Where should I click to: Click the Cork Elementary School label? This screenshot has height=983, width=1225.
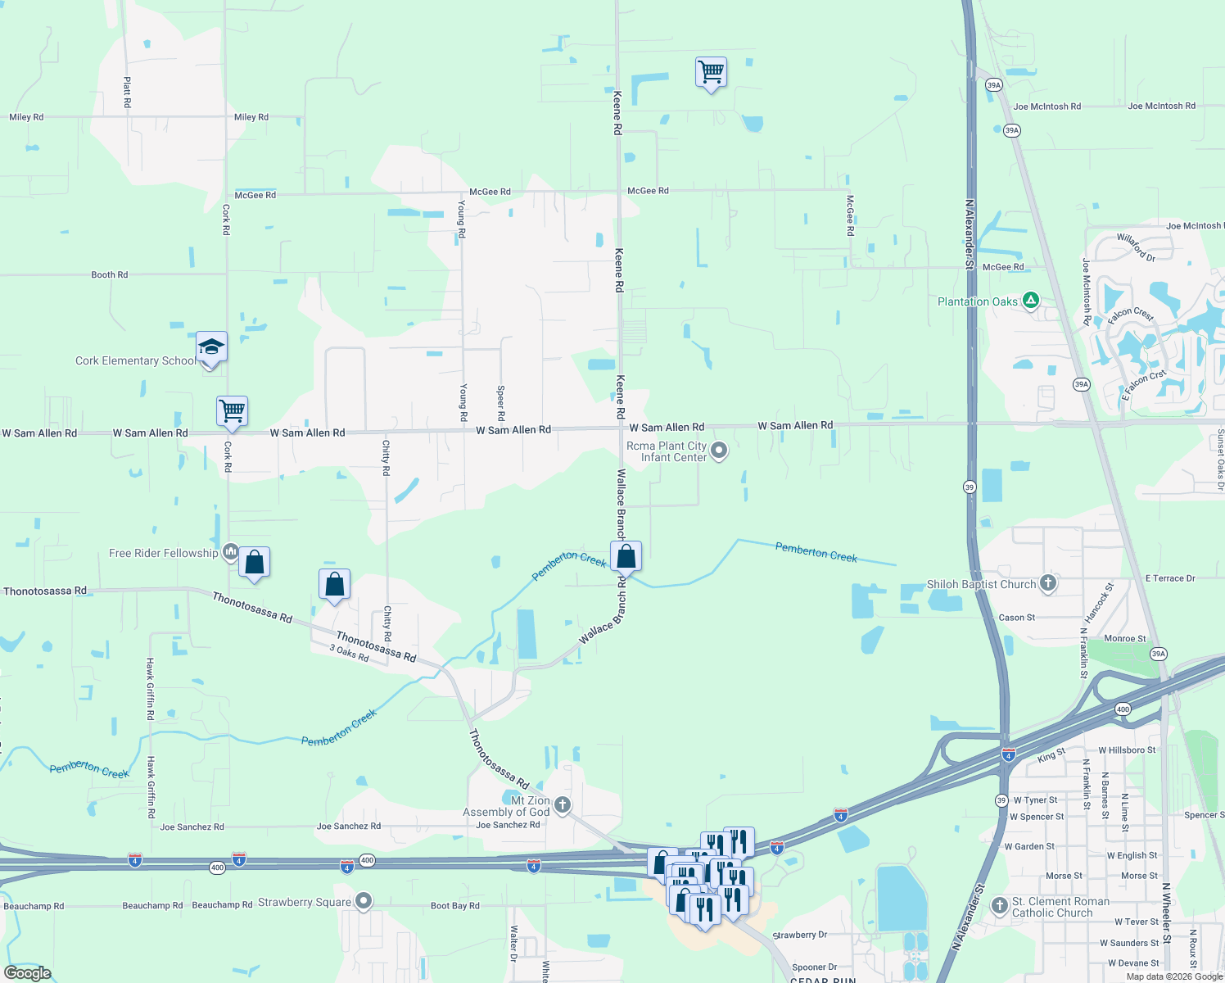pyautogui.click(x=135, y=360)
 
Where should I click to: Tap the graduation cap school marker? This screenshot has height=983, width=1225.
pyautogui.click(x=211, y=347)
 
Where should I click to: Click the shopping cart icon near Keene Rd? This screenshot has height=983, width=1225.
pyautogui.click(x=711, y=72)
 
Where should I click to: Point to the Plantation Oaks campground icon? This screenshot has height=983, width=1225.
pyautogui.click(x=1031, y=301)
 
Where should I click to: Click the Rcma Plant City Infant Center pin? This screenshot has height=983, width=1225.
pyautogui.click(x=719, y=451)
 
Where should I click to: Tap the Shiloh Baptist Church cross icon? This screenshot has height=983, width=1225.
pyautogui.click(x=1048, y=583)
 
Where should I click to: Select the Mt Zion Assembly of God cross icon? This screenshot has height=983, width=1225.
pyautogui.click(x=563, y=804)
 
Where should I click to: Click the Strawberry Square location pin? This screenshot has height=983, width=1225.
pyautogui.click(x=364, y=902)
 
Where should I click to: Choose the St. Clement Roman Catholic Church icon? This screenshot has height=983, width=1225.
pyautogui.click(x=999, y=906)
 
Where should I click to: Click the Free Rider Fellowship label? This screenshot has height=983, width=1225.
pyautogui.click(x=163, y=553)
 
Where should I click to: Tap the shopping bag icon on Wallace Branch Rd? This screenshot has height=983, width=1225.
pyautogui.click(x=626, y=556)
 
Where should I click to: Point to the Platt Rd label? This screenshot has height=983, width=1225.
pyautogui.click(x=127, y=93)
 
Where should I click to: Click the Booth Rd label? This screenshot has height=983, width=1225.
pyautogui.click(x=109, y=274)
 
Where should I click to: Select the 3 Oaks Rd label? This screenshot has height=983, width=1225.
pyautogui.click(x=349, y=653)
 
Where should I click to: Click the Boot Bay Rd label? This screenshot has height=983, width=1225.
pyautogui.click(x=454, y=905)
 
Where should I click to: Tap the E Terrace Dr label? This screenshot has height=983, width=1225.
pyautogui.click(x=1169, y=578)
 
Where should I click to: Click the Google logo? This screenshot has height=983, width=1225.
pyautogui.click(x=28, y=973)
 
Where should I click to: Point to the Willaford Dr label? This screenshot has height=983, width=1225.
pyautogui.click(x=1137, y=247)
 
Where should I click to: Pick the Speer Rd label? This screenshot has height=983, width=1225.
pyautogui.click(x=501, y=403)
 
